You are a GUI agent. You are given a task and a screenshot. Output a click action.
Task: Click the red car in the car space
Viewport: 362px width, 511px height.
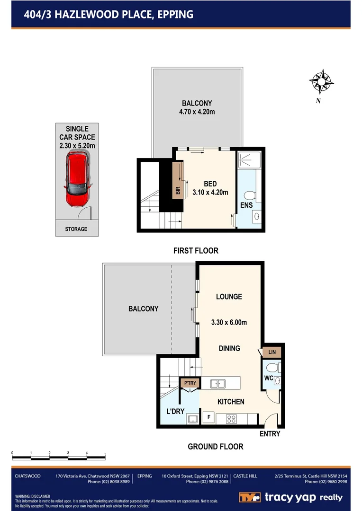pyautogui.click(x=77, y=179)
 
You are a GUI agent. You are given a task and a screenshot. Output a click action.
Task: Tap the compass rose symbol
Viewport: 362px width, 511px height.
pyautogui.click(x=321, y=82)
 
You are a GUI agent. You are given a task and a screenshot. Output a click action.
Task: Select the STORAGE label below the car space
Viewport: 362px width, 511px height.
pyautogui.click(x=76, y=229)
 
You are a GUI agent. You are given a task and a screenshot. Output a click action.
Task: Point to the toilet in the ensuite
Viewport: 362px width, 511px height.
pyautogui.click(x=250, y=194)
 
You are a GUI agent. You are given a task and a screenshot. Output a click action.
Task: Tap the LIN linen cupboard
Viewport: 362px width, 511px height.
pyautogui.click(x=272, y=352)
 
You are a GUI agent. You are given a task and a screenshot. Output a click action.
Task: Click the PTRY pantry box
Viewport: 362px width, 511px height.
pyautogui.click(x=190, y=383)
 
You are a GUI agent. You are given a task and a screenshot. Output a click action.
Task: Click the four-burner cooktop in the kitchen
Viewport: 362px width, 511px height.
pyautogui.click(x=232, y=418)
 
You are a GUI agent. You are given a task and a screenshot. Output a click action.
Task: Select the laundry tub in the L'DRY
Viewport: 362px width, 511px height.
pyautogui.click(x=192, y=418)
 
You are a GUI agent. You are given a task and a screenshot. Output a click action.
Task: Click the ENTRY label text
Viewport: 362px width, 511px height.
pyautogui.click(x=270, y=434)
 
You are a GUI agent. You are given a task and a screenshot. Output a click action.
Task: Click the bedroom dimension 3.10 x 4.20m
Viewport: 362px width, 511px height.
pyautogui.click(x=209, y=192)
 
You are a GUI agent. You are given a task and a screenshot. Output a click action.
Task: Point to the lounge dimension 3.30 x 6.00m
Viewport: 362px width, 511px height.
pyautogui.click(x=229, y=323)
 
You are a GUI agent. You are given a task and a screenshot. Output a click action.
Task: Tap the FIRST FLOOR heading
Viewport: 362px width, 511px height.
pyautogui.click(x=196, y=251)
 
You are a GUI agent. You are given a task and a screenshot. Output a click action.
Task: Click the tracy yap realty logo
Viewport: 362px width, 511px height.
pyautogui.click(x=290, y=497)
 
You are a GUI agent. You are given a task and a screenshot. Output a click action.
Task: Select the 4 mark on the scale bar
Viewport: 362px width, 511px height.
pyautogui.click(x=87, y=453)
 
